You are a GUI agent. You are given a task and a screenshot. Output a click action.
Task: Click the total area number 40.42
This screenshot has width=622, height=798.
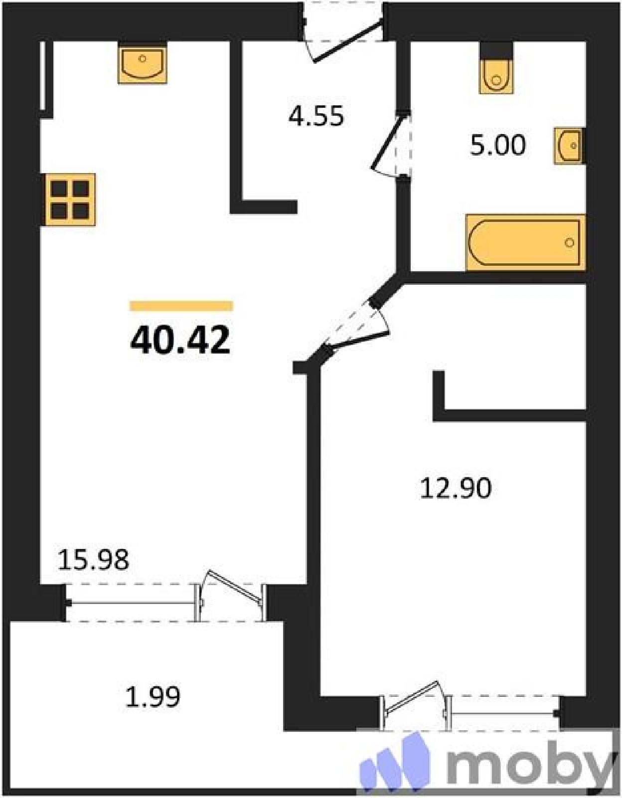click(x=180, y=340)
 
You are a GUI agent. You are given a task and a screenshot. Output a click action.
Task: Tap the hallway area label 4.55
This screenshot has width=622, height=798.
click(x=316, y=116)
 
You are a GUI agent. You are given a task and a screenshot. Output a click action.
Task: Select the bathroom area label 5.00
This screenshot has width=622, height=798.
click(x=498, y=146)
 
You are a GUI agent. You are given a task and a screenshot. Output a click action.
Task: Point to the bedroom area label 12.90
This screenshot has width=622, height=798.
click(x=456, y=489)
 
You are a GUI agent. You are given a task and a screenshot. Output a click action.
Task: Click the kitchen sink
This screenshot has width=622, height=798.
click(x=143, y=62)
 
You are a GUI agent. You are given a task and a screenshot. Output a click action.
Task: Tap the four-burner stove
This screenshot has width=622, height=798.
click(x=70, y=199)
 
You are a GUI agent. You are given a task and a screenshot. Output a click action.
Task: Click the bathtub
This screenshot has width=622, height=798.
click(x=525, y=243)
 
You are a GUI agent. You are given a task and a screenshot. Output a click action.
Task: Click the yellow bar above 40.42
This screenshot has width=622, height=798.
click(x=181, y=306)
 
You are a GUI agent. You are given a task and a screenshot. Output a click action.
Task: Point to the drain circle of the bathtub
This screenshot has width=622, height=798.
click(x=569, y=243)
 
